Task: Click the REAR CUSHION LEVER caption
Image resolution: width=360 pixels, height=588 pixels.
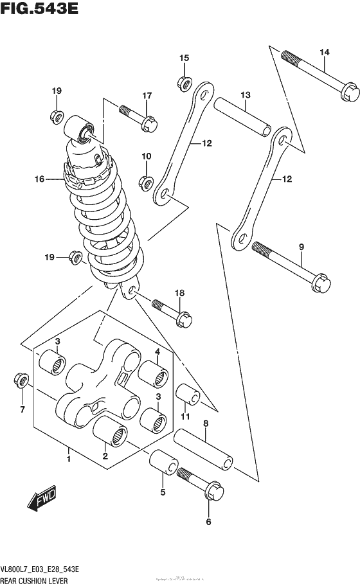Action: click(40, 580)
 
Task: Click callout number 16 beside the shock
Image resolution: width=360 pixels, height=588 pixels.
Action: click(40, 179)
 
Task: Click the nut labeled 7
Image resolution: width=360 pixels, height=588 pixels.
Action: click(21, 382)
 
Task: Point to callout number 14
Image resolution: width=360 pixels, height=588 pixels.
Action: click(324, 52)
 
